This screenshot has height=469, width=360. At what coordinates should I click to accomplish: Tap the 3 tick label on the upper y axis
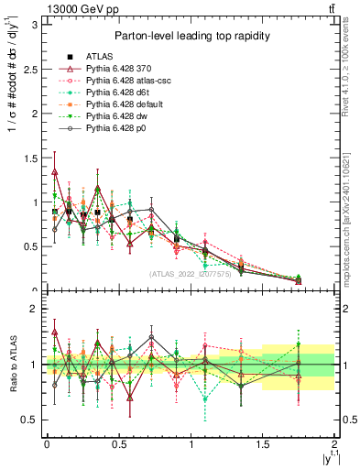click(x=34, y=25)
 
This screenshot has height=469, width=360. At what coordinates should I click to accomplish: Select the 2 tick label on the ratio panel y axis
click(x=34, y=310)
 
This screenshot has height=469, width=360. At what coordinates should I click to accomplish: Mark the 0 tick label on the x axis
click(x=47, y=445)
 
